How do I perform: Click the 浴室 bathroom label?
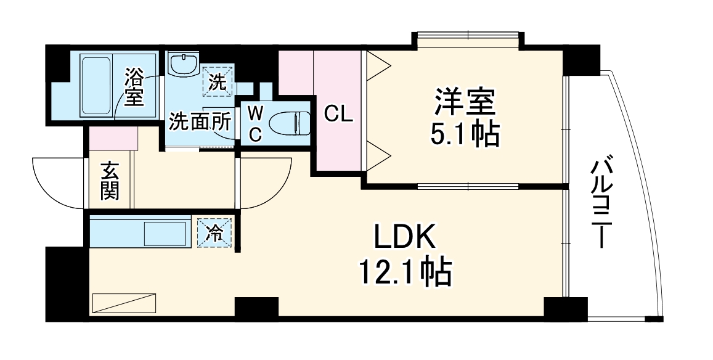click(x=134, y=87)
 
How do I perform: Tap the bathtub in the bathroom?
click(x=95, y=86)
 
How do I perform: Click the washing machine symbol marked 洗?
click(x=216, y=81)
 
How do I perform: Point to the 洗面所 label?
click(x=200, y=121)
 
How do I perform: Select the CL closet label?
click(x=338, y=114)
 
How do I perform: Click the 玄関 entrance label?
click(x=110, y=181)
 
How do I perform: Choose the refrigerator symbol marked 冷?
click(x=215, y=232)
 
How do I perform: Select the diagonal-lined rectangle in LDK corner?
click(x=124, y=304)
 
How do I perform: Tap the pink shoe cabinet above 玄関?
click(x=113, y=139)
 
